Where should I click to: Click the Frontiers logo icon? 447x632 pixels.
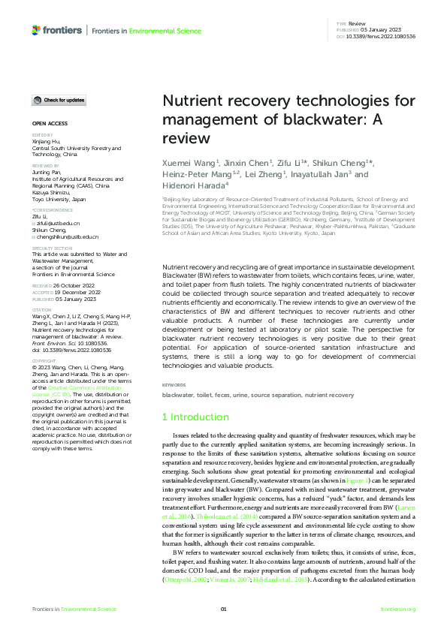[x=36, y=30]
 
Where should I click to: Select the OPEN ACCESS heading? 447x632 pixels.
[x=49, y=122]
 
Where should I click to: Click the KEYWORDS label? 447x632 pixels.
[x=174, y=385]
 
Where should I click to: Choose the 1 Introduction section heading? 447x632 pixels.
[x=197, y=417]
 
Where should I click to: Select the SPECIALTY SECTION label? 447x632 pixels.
[x=52, y=247]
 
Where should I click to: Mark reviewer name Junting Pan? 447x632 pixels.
[x=47, y=171]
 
